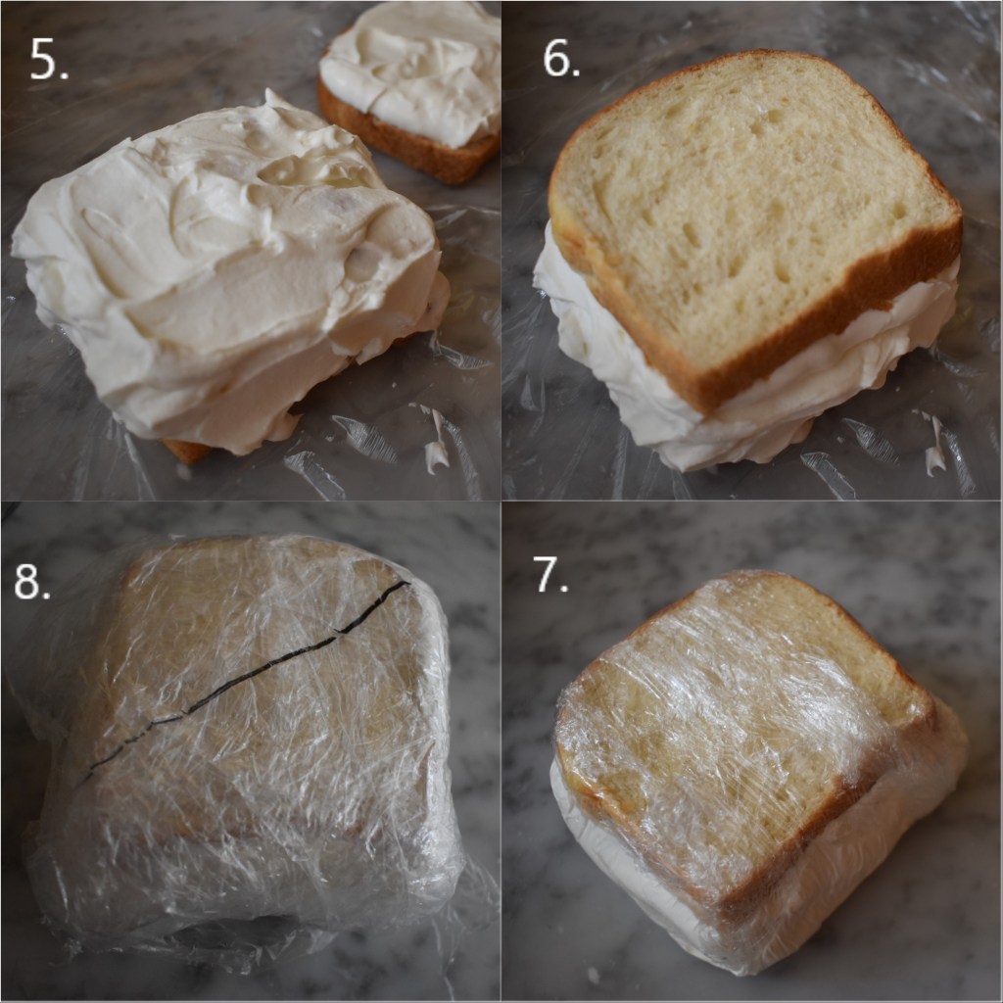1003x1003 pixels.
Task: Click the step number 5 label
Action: [48, 62]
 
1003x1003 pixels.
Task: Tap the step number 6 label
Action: [561, 60]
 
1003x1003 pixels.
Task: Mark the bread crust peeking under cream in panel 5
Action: [186, 452]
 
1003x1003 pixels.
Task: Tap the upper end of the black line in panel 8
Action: [406, 584]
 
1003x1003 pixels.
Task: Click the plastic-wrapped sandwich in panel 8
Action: [255, 744]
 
